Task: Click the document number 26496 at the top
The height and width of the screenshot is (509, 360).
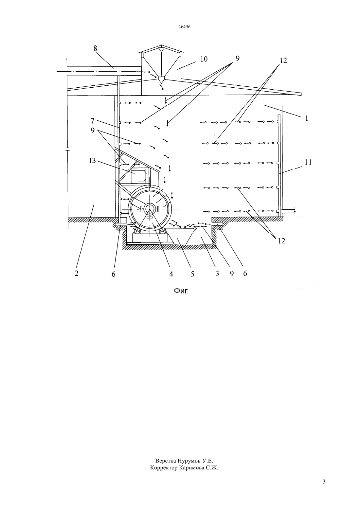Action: pos(184,27)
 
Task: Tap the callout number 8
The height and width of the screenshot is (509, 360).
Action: pos(95,48)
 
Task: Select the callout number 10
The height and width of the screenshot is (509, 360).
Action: pos(204,59)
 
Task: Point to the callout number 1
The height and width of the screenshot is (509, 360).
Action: pos(306,118)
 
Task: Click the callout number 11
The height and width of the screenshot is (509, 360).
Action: pos(308,162)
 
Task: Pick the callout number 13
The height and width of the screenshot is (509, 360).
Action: pos(92,161)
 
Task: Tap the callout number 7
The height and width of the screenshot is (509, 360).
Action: pos(92,121)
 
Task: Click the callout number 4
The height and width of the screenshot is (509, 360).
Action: pos(171,274)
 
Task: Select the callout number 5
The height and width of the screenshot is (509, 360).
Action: pos(192,274)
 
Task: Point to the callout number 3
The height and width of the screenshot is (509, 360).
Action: pos(217,273)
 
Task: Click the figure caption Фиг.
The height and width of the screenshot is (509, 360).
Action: pos(181,290)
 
